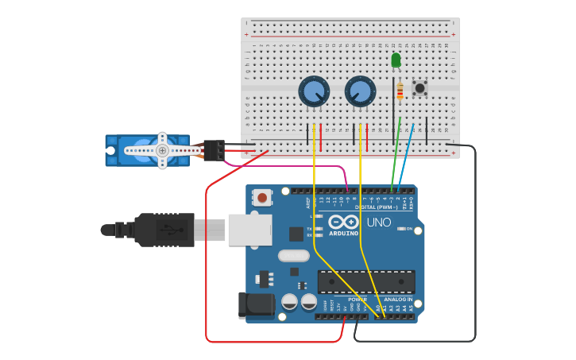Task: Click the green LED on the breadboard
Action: tap(396, 60)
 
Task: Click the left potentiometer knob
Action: tap(314, 91)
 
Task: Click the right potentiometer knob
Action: tap(360, 91)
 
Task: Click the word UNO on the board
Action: tap(379, 223)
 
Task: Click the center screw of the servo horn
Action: tap(162, 150)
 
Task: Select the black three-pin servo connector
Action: tap(213, 150)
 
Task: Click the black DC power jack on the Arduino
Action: tap(256, 305)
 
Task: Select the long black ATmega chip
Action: tap(366, 281)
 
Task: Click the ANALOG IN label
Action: tap(398, 300)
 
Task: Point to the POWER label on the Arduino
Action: tap(357, 300)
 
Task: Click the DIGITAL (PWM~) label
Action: tap(377, 207)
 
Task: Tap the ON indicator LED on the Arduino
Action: tap(400, 229)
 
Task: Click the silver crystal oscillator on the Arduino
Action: tap(293, 256)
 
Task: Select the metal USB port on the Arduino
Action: tap(249, 230)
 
